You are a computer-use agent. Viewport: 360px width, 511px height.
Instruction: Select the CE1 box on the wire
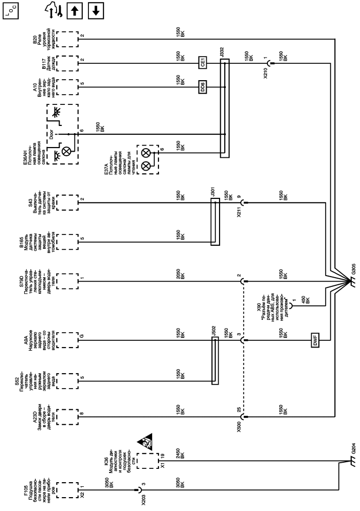point(203,64)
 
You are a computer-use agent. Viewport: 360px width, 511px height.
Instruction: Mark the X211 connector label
point(238,211)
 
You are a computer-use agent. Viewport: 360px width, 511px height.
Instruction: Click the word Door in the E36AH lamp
point(52,134)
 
